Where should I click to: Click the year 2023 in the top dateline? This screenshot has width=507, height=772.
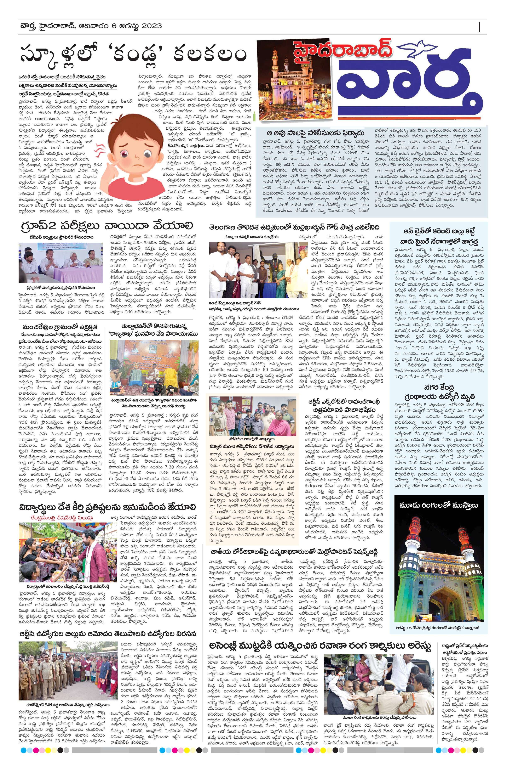(150, 26)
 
